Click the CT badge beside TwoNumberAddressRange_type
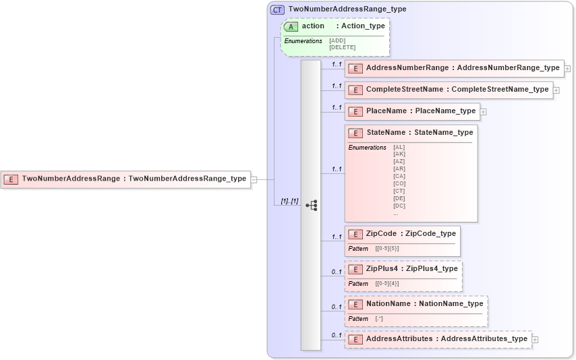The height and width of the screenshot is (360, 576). coord(277,9)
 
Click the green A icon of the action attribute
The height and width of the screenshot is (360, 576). coord(291,26)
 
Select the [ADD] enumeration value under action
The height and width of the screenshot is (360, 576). coord(337,40)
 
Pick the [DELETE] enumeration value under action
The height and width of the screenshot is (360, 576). coord(342,47)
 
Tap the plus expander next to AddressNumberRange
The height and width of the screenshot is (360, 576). coord(568,69)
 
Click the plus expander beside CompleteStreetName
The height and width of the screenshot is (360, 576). coord(556,90)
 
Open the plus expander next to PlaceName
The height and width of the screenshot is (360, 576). coord(483,111)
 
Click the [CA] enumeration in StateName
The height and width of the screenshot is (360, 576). coord(399,176)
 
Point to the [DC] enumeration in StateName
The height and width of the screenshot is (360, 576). coord(399,206)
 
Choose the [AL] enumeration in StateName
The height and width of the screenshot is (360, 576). coord(399,147)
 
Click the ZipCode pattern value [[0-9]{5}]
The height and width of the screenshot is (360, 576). coord(387,249)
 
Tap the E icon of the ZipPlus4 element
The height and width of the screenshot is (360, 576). coord(355,269)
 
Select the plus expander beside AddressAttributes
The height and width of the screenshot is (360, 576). coord(535,340)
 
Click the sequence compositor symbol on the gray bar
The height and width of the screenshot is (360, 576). coord(311,206)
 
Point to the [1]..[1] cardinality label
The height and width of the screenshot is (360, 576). coord(289,201)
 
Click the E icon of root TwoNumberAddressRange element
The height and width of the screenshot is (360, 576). coord(11,179)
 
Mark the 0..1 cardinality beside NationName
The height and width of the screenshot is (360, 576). coord(336,307)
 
